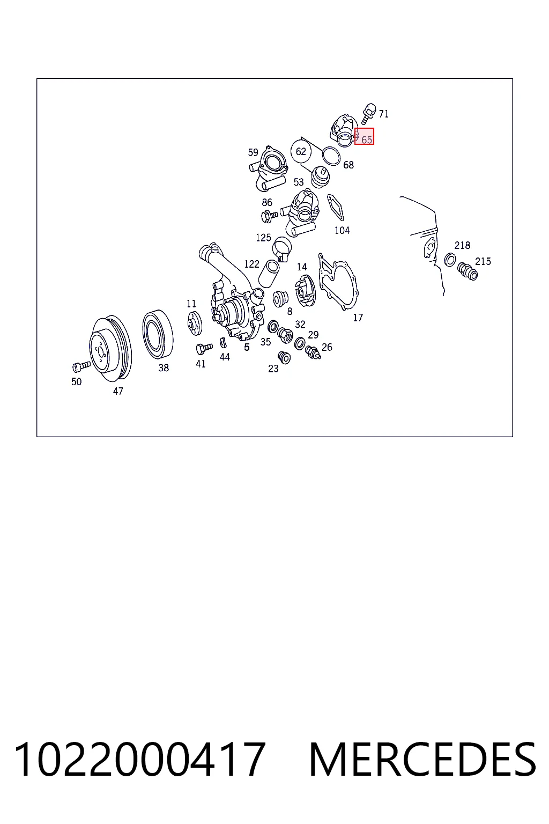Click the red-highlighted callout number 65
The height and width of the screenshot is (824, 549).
click(365, 136)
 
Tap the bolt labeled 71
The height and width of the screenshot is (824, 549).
click(369, 113)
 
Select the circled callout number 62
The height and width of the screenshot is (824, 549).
click(301, 151)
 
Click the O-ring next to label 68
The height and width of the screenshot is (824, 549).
click(331, 156)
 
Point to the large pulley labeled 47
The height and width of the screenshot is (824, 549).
click(110, 348)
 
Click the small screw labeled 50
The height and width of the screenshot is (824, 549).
click(81, 366)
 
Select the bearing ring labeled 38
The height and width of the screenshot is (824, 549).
click(158, 334)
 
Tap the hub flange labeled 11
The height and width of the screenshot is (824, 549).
click(194, 323)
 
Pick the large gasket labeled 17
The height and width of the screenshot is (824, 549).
click(339, 282)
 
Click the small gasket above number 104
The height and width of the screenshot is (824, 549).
click(335, 208)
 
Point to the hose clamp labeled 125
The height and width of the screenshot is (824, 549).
click(281, 248)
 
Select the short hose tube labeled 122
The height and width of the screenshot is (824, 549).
click(269, 273)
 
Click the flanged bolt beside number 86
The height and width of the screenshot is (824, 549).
click(269, 216)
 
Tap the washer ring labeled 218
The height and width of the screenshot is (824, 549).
click(450, 260)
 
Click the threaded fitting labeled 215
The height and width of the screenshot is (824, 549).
click(467, 271)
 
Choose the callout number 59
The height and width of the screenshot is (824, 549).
click(253, 152)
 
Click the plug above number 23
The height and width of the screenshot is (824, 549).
click(284, 357)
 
